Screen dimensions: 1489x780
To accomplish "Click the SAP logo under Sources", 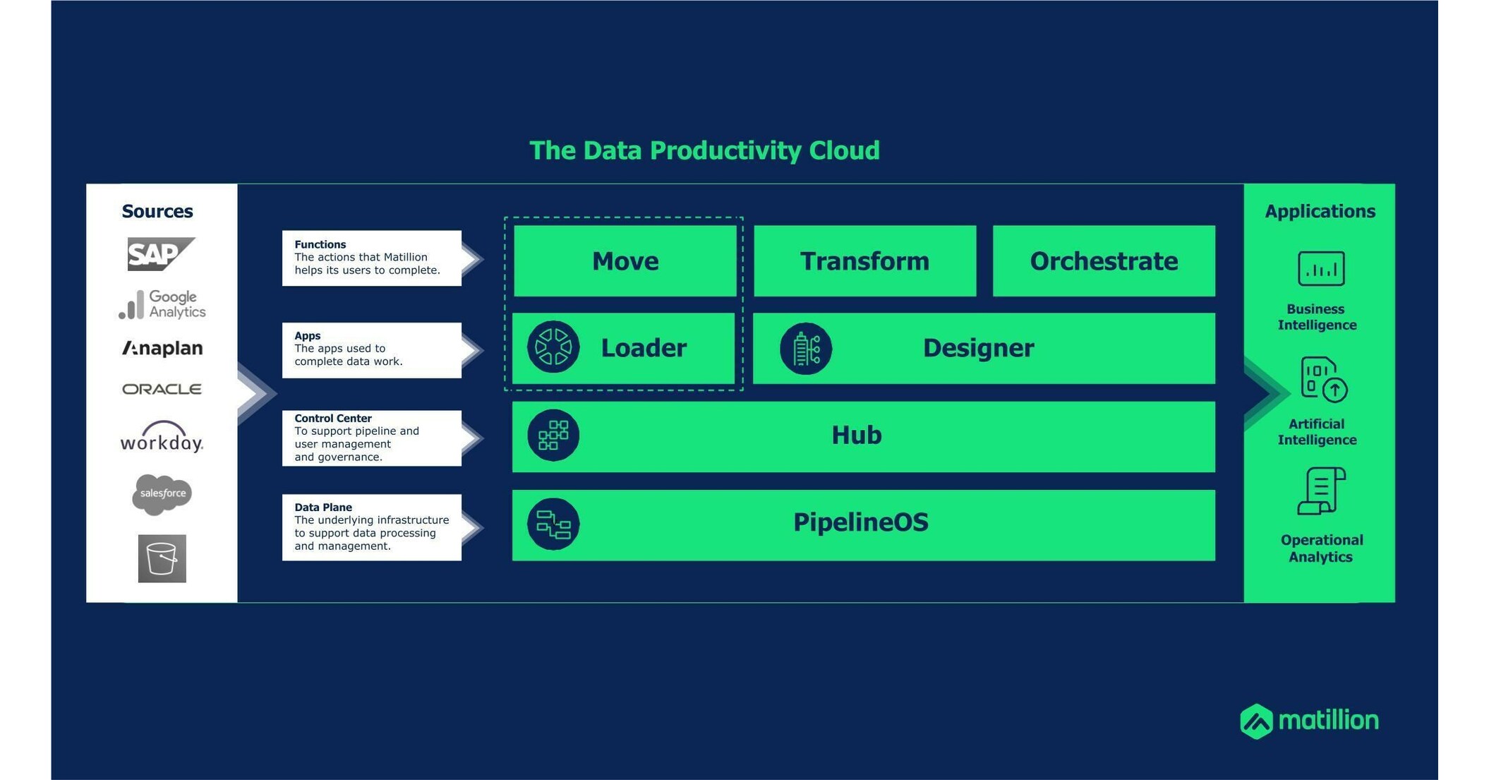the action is pyautogui.click(x=161, y=254).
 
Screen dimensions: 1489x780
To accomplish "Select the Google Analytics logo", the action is pyautogui.click(x=162, y=304).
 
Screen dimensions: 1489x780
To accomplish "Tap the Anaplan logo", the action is pyautogui.click(x=162, y=348).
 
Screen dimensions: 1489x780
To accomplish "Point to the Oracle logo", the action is pyautogui.click(x=162, y=389).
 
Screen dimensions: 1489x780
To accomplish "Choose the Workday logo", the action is pyautogui.click(x=162, y=437).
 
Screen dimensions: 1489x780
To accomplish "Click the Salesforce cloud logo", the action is pyautogui.click(x=162, y=494).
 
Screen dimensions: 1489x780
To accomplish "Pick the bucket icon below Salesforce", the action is pyautogui.click(x=162, y=558).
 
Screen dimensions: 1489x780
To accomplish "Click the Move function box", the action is pyautogui.click(x=625, y=261).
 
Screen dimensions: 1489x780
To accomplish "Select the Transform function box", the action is pyautogui.click(x=865, y=261).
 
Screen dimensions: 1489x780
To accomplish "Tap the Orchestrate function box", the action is pyautogui.click(x=1104, y=261).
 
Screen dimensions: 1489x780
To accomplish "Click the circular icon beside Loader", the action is pyautogui.click(x=553, y=347).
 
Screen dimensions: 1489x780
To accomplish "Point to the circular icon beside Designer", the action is pyautogui.click(x=806, y=348).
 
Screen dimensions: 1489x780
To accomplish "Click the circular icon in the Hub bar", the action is pyautogui.click(x=553, y=436).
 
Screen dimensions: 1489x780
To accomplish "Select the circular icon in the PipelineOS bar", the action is pyautogui.click(x=553, y=524).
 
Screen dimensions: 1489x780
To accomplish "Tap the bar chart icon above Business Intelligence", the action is pyautogui.click(x=1321, y=268).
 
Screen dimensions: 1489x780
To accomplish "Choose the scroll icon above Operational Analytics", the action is pyautogui.click(x=1322, y=491).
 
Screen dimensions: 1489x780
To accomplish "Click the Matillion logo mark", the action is pyautogui.click(x=1257, y=721).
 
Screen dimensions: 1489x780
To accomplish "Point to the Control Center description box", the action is pyautogui.click(x=372, y=438).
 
